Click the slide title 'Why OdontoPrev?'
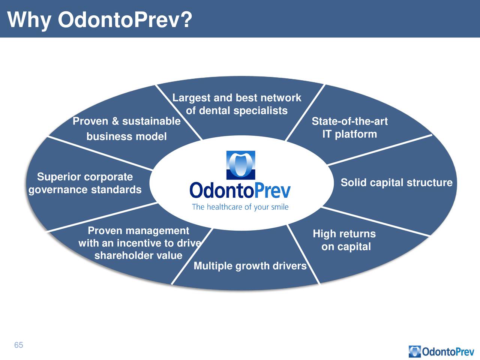pos(100,20)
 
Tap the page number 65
pos(19,345)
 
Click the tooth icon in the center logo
pos(240,165)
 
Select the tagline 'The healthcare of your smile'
pos(240,207)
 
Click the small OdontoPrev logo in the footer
pos(441,351)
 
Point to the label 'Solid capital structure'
pos(396,183)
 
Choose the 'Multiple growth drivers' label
pos(250,266)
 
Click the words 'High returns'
pos(344,234)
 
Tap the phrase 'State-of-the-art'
pos(349,121)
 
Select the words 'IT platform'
pos(349,134)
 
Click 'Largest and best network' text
pos(237,98)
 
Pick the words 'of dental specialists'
pos(237,111)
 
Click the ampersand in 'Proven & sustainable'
pos(115,121)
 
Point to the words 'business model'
pos(126,136)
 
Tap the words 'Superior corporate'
pos(85,177)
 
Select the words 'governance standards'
pos(85,190)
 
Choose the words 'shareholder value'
pos(138,255)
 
